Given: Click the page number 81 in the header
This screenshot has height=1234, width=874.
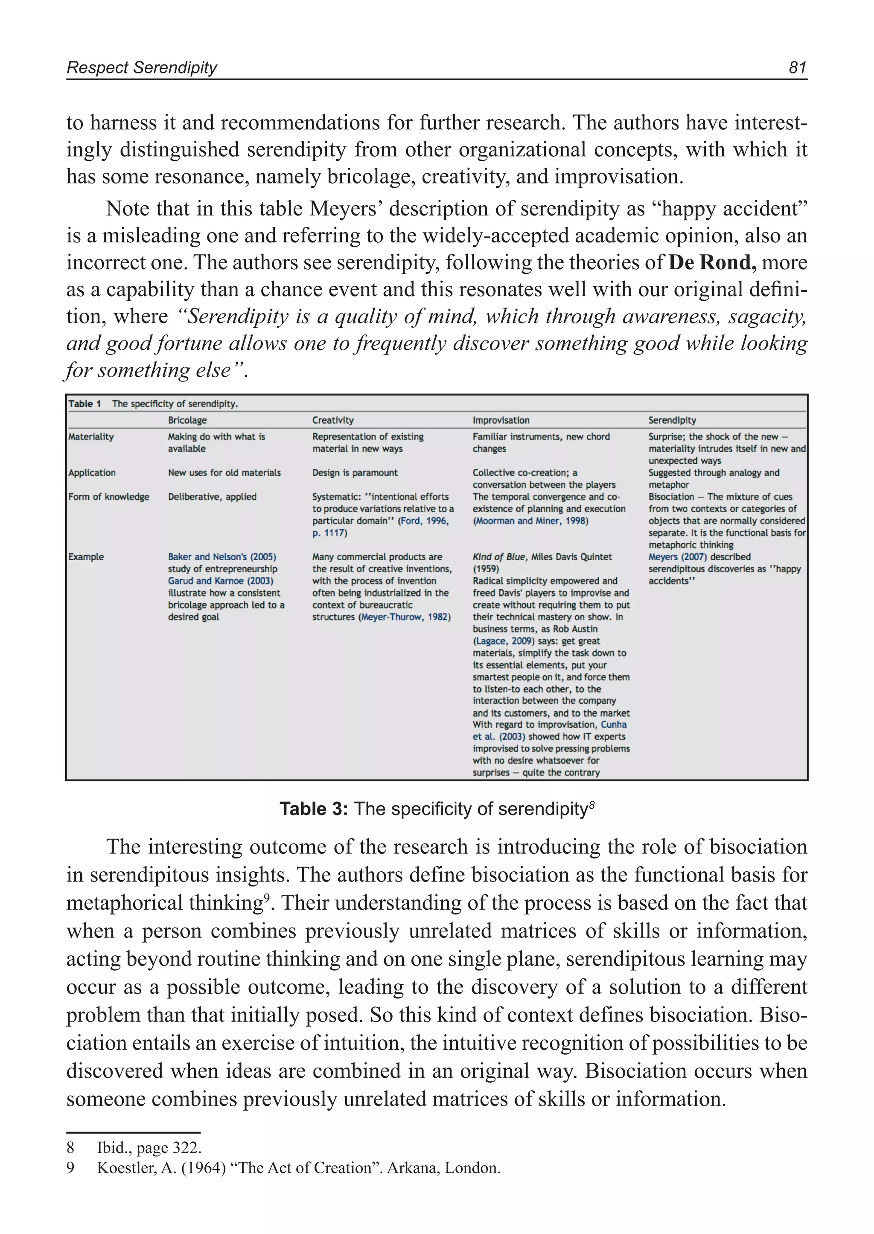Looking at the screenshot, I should (797, 67).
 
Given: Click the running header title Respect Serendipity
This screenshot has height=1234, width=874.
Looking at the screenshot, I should (142, 68).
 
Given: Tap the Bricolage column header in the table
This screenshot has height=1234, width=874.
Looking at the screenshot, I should (187, 420).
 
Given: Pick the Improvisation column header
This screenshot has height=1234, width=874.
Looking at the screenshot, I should (501, 420).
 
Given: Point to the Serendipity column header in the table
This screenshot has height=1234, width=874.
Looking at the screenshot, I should (672, 420).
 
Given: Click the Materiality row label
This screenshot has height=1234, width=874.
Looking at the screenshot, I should (91, 437).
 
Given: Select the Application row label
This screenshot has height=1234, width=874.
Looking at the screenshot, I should (92, 472).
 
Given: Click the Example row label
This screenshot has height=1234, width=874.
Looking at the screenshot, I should (86, 556).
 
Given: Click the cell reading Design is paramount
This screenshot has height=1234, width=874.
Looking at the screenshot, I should (355, 472).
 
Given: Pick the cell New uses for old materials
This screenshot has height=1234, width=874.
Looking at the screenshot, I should (224, 472).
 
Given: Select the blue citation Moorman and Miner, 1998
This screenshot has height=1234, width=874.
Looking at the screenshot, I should (530, 521).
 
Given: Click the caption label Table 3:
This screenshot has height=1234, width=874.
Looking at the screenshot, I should (314, 809).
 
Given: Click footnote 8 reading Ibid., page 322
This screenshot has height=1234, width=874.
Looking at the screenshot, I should (149, 1147).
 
